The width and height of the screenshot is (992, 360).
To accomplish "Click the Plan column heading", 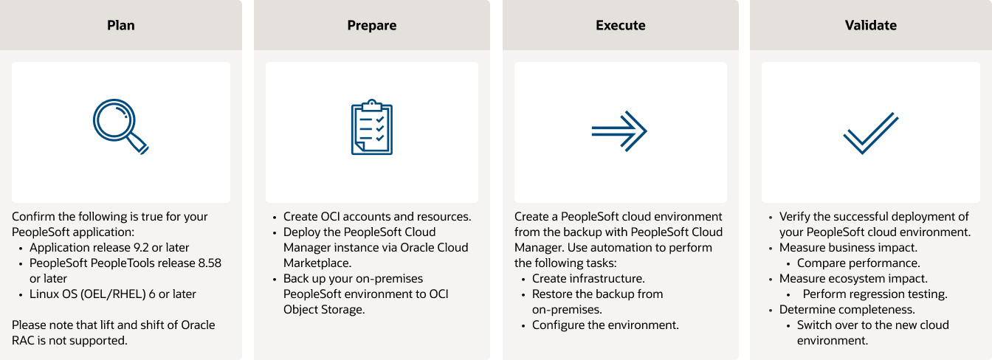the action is pos(121,25).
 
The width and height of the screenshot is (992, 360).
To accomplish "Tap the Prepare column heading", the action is pos(372,26).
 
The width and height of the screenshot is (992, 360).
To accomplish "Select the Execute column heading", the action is pos(621,25).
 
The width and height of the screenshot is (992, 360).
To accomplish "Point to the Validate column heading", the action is pos(871,25).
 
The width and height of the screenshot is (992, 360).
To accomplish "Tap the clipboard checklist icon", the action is pos(372,127).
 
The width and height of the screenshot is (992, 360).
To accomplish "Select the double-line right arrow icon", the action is pos(620,131).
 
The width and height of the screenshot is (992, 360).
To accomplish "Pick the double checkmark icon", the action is pos(871,133).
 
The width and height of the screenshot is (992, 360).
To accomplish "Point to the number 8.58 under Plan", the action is pos(210,263).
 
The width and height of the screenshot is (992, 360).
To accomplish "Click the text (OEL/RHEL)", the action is pos(113,294).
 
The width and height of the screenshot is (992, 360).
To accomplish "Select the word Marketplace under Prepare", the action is pos(317,263).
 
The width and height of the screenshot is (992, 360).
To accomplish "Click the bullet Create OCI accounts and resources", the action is pos(377,217).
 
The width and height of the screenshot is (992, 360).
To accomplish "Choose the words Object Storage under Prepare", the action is pos(324,310).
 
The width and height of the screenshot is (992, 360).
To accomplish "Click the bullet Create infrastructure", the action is pos(588,279).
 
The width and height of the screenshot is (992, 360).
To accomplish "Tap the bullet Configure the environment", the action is pos(605,325).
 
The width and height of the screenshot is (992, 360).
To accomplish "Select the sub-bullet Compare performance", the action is pos(858,263).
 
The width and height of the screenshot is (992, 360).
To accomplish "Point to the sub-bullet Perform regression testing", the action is pos(875,294).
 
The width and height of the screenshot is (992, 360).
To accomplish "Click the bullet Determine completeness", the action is pos(847,310).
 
